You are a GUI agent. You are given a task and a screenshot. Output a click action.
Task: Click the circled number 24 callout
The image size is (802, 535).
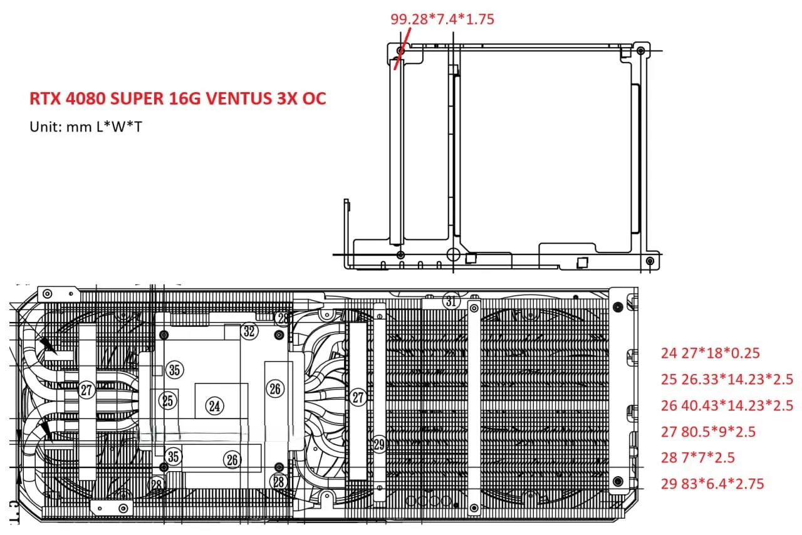point(214,406)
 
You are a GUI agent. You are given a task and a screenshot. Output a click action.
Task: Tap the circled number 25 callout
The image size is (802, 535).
point(167,401)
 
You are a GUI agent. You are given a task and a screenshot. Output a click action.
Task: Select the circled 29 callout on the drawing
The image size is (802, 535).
point(379,445)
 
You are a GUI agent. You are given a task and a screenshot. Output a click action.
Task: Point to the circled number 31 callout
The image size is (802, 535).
point(451,301)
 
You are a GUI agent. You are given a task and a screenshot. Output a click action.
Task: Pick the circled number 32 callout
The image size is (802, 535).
point(249,331)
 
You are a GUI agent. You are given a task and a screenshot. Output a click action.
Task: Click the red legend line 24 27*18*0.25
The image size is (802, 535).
point(710,353)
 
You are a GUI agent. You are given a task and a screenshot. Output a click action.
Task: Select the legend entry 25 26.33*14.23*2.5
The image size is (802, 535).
point(727,379)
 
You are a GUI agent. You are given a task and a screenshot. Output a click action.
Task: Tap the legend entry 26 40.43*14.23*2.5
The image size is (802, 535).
point(727,405)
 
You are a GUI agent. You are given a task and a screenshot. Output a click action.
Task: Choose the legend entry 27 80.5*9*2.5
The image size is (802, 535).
point(708,432)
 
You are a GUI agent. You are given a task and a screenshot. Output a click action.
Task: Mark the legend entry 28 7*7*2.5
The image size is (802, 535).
point(697,458)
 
